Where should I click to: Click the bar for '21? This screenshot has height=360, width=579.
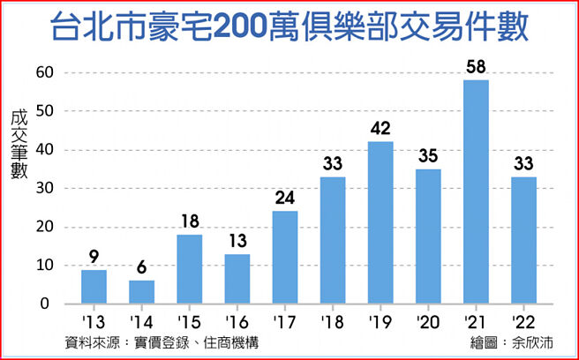click(x=475, y=192)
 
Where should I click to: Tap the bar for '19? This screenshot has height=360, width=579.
click(x=380, y=222)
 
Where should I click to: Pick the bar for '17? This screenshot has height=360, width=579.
click(x=285, y=257)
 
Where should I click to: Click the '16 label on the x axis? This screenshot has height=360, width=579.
click(x=237, y=322)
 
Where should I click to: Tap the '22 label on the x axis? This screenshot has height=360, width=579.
click(x=523, y=322)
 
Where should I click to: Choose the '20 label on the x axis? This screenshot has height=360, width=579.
click(x=427, y=322)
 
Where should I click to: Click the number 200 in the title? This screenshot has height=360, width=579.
click(x=247, y=27)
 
